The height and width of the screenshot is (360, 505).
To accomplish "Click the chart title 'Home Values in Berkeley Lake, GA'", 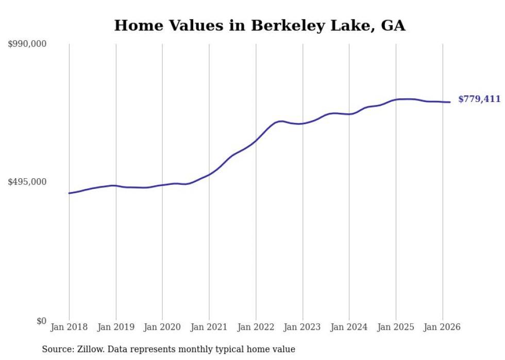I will point(260,25).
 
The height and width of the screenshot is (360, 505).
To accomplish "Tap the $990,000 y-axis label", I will point(27,44).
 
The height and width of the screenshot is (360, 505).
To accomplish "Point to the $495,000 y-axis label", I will point(27,182).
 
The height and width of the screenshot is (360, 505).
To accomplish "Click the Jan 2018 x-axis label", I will point(69,327).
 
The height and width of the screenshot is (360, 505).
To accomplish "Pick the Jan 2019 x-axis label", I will point(116,327).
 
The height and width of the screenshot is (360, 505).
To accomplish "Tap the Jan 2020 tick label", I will point(162,327).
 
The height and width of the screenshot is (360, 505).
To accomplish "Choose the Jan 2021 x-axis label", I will point(209,327).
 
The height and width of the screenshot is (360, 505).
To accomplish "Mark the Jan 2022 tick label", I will point(256,327).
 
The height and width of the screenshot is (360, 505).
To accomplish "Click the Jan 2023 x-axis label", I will point(302,327).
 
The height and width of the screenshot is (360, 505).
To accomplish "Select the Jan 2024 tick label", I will point(349,327).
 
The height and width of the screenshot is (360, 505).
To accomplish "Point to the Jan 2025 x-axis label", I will point(396,327).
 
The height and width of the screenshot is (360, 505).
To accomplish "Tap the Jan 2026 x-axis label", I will point(442,327).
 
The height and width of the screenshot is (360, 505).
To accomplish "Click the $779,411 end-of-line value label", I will point(479,99).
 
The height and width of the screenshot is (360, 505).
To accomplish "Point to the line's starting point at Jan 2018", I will point(69,193).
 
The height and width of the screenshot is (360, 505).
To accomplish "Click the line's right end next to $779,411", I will point(450,102).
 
